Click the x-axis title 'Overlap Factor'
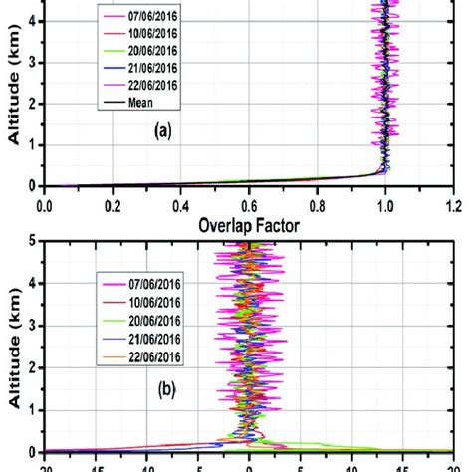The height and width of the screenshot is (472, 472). (248, 225)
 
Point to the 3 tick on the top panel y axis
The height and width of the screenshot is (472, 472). (32, 61)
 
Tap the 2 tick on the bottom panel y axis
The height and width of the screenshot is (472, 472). (32, 366)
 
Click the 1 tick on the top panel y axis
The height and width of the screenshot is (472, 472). (32, 145)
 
